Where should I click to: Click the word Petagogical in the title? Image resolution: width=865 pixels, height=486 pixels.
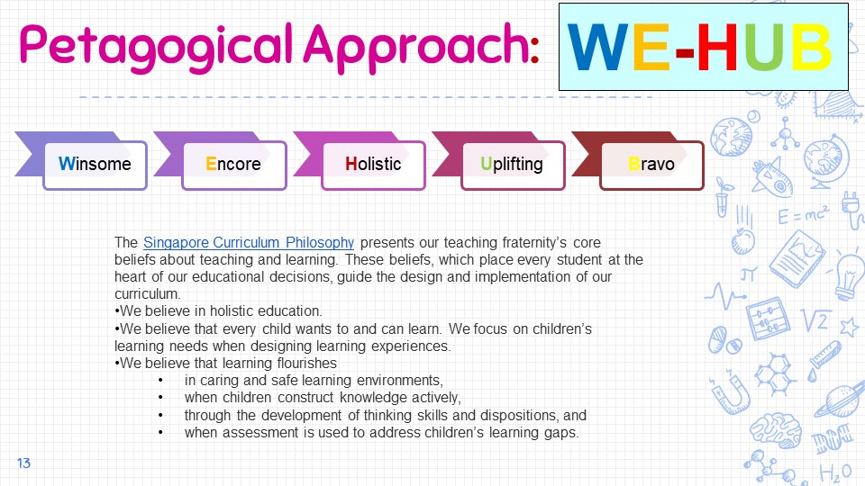point(156,48)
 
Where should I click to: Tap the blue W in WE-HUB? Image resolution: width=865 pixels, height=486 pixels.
point(598,48)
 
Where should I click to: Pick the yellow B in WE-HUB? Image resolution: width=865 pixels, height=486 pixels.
point(812,48)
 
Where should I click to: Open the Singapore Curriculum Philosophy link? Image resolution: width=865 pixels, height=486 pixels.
point(249,242)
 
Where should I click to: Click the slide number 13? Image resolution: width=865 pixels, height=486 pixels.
point(23,463)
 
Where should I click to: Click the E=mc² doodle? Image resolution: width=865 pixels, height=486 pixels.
point(803,215)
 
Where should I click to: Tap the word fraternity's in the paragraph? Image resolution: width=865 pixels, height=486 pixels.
point(534,242)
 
